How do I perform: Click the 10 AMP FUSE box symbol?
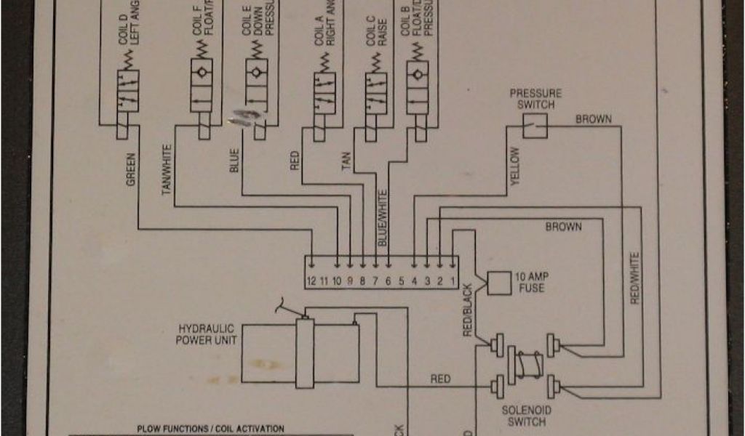tap(498, 283)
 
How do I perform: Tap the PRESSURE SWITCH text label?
tap(535, 99)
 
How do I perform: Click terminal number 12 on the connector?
tap(311, 280)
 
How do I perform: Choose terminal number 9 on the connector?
tap(349, 280)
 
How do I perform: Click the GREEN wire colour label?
tap(132, 169)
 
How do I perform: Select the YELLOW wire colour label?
tap(515, 166)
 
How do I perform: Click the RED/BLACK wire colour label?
tap(468, 309)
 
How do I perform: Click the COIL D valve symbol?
tap(128, 92)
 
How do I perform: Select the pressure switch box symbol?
tap(535, 129)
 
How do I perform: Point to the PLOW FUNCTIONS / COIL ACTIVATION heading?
tap(211, 429)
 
